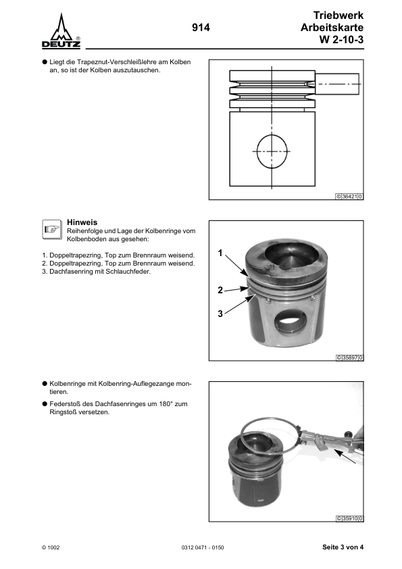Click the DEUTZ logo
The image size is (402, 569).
pos(61,32)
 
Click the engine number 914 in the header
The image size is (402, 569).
pos(201,28)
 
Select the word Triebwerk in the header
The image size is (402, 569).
pos(338,15)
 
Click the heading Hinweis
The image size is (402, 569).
pos(82,222)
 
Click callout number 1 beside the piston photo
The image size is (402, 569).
pos(220,253)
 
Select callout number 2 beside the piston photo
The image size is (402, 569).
pos(220,290)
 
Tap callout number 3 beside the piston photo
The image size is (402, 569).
pos(220,314)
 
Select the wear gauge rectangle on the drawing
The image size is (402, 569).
pos(337,84)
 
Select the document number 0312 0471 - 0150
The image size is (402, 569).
pos(203,547)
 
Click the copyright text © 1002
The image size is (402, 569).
pos(51,547)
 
